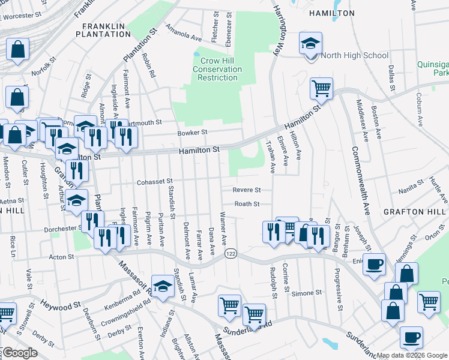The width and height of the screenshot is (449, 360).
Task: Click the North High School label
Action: tap(355, 56)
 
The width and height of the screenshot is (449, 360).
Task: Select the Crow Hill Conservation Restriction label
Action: tap(217, 70)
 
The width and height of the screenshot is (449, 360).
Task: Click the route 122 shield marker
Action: tap(230, 254)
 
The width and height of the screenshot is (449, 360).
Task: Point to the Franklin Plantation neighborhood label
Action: tap(103, 30)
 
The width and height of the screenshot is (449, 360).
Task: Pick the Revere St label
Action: tap(247, 190)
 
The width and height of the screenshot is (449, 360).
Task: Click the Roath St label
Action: tap(247, 204)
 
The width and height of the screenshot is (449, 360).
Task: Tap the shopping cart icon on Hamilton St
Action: tap(322, 89)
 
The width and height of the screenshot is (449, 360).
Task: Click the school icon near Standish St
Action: tap(163, 287)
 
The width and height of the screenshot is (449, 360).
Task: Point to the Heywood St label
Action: tap(60, 306)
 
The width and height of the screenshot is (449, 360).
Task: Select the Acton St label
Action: tap(61, 257)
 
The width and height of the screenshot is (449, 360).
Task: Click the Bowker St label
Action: tap(192, 133)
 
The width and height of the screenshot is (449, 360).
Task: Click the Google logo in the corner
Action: tap(20, 353)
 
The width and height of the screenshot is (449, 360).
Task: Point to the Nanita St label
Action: tap(411, 190)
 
